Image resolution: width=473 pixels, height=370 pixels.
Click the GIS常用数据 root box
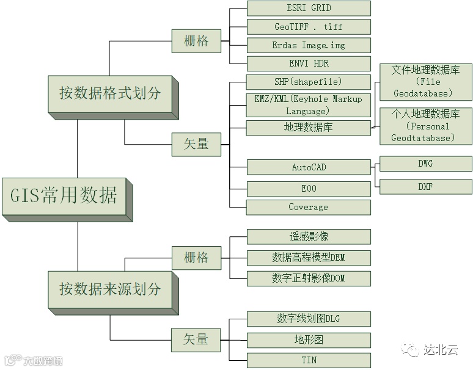coord(64,195)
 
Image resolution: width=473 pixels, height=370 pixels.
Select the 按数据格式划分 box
coord(110,93)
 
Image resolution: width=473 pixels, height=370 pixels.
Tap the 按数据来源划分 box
coord(110,288)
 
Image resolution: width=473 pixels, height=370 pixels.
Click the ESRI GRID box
coord(308,8)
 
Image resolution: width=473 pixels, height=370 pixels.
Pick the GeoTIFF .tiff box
coord(308,27)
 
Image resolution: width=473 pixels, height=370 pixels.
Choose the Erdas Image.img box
coord(308,45)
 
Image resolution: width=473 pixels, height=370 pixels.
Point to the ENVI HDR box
coord(308,63)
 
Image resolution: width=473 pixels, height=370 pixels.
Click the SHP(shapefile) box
coord(308,82)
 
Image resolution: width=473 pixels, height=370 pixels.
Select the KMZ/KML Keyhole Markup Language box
coord(308,104)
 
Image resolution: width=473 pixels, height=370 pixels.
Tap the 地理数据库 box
coord(308,128)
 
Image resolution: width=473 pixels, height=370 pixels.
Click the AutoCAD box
coord(308,167)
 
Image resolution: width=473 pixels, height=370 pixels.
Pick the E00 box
coord(308,188)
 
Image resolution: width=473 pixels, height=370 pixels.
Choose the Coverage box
coord(308,207)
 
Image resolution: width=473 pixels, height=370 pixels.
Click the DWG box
coord(425,164)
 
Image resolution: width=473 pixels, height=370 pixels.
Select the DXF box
coord(425,186)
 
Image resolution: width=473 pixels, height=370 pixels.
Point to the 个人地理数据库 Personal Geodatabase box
coord(425,126)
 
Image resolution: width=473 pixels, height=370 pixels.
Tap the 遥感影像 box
coord(308,236)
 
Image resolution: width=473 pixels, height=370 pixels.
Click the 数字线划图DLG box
coord(308,318)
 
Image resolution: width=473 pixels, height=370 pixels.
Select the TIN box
coord(308,360)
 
